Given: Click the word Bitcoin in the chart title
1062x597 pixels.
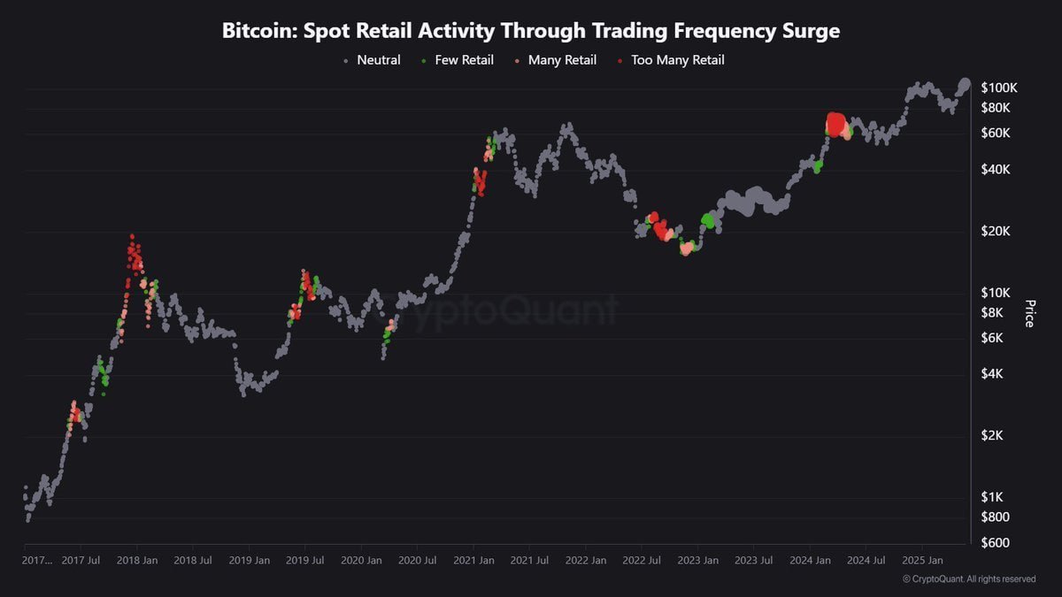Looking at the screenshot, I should pyautogui.click(x=258, y=31).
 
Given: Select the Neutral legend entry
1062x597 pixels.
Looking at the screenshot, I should pyautogui.click(x=378, y=60).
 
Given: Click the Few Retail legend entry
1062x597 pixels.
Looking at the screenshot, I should pyautogui.click(x=464, y=60).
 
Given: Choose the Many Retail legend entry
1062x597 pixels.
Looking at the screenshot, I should pyautogui.click(x=562, y=60).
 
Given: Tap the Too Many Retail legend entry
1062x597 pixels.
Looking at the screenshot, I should pyautogui.click(x=677, y=60).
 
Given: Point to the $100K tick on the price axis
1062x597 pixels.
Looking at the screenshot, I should pyautogui.click(x=1000, y=88).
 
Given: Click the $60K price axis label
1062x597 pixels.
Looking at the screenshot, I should pyautogui.click(x=997, y=133).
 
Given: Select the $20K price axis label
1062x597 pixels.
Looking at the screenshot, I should pyautogui.click(x=997, y=231).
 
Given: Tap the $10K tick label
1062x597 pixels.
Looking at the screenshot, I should pyautogui.click(x=997, y=293).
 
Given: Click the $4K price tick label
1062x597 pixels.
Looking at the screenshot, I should pyautogui.click(x=993, y=373).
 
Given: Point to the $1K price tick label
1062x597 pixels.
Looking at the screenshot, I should pyautogui.click(x=993, y=497).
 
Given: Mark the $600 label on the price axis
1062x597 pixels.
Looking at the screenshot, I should pyautogui.click(x=996, y=542).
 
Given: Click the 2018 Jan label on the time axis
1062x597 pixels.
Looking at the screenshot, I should pyautogui.click(x=138, y=560).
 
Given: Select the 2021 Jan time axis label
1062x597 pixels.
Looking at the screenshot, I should pyautogui.click(x=473, y=560).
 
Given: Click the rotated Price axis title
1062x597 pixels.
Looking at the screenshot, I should pyautogui.click(x=1029, y=313).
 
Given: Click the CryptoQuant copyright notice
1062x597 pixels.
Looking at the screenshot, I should pyautogui.click(x=969, y=579).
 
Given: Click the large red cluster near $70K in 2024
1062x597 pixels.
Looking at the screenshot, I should pyautogui.click(x=835, y=124).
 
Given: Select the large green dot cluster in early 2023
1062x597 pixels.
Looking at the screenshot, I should pyautogui.click(x=707, y=220).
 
